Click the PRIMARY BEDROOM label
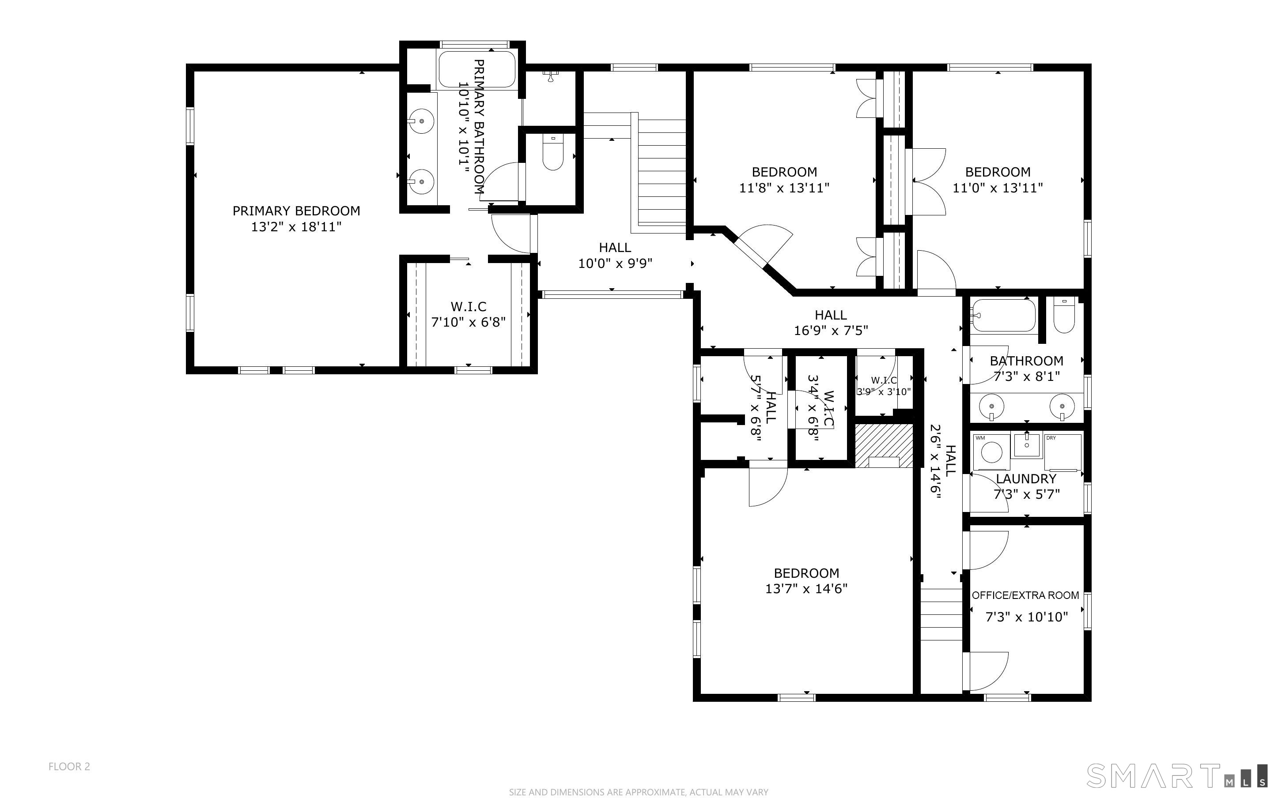tap(296, 211)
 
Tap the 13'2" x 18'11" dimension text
tap(296, 227)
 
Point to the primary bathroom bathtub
tap(476, 68)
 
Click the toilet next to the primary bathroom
tap(552, 153)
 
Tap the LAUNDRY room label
tap(1026, 479)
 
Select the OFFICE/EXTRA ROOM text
tap(1025, 595)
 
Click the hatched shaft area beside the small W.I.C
tap(884, 445)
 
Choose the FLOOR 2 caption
tap(69, 766)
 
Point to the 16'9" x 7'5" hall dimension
tap(831, 331)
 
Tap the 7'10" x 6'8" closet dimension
tap(468, 322)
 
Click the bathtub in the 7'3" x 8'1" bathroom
tap(1003, 316)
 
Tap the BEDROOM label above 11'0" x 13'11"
tap(998, 172)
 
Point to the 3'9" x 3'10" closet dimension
tap(884, 391)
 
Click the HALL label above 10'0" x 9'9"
tap(614, 248)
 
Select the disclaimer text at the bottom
tap(638, 792)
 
